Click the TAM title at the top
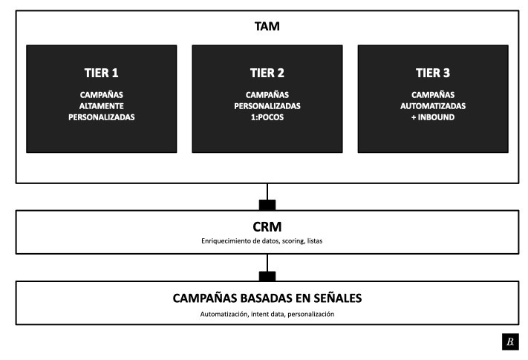click(x=267, y=26)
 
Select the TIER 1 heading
click(x=101, y=73)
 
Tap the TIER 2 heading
click(x=267, y=73)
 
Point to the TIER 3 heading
click(x=433, y=73)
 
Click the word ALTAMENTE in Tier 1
click(x=101, y=106)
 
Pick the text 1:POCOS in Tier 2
click(x=267, y=117)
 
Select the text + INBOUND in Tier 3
click(x=433, y=117)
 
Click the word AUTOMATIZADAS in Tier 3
click(x=433, y=106)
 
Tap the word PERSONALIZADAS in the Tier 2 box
click(x=267, y=106)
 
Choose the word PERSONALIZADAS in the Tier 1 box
click(x=101, y=117)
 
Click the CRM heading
click(x=267, y=227)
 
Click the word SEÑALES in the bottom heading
click(x=337, y=298)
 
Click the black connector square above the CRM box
click(x=267, y=205)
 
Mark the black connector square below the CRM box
click(x=267, y=276)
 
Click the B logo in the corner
click(x=510, y=341)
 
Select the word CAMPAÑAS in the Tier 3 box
click(x=433, y=94)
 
